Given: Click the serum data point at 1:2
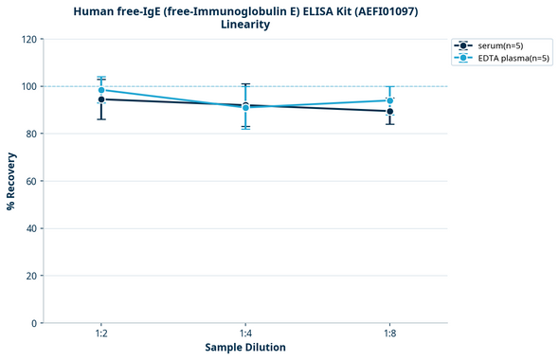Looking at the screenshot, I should tap(101, 99).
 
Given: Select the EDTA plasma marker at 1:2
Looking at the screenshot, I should tap(101, 90).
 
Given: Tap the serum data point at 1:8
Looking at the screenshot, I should tap(390, 111).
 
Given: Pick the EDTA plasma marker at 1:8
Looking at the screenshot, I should tap(390, 100).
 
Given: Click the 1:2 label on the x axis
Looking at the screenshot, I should tap(101, 333).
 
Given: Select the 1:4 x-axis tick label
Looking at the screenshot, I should tap(245, 333).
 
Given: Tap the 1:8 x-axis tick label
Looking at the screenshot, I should tap(390, 333).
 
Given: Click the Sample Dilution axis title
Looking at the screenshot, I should tap(245, 348).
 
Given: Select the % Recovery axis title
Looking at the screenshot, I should tap(11, 180).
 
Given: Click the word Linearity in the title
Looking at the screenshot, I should tap(245, 25).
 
